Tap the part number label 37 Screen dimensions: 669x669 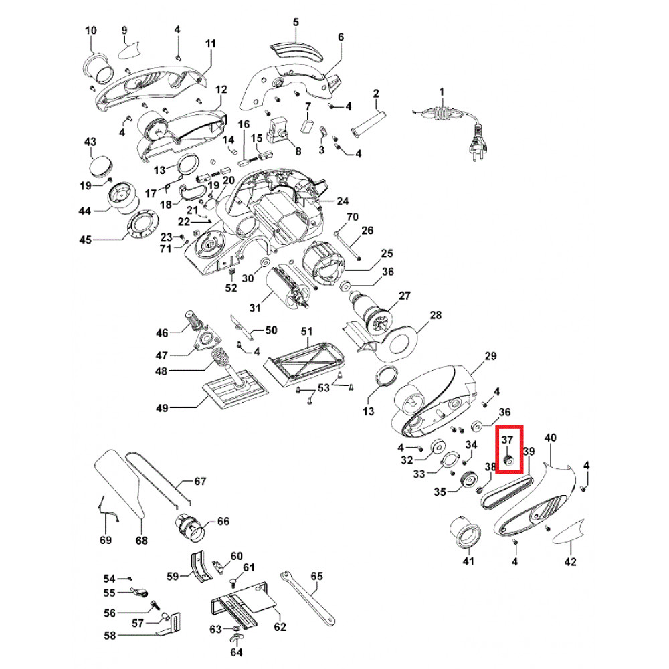click(506, 440)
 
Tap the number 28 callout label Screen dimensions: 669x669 click(436, 315)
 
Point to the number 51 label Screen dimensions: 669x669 click(306, 331)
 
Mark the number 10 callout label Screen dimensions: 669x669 click(91, 31)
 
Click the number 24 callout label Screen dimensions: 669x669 click(343, 201)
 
